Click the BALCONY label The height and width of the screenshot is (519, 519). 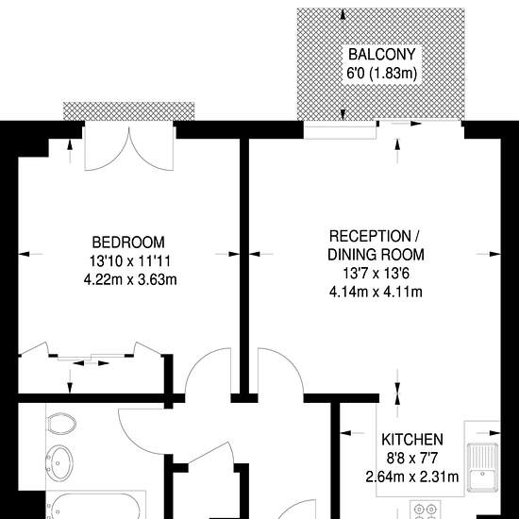[381, 55]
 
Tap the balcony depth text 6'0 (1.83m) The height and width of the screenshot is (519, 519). [381, 73]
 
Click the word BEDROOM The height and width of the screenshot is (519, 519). [128, 243]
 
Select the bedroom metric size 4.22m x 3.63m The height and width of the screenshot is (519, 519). [130, 280]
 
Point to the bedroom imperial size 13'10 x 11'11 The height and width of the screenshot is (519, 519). [130, 261]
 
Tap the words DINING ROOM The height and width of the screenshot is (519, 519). [376, 255]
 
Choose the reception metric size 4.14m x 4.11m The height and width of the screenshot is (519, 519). [376, 293]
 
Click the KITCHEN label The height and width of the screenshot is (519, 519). [412, 440]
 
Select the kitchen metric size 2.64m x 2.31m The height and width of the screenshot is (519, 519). [412, 477]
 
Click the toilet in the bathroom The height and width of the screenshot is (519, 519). [61, 424]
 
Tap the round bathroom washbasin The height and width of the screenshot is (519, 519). [59, 462]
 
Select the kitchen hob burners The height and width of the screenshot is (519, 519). [426, 511]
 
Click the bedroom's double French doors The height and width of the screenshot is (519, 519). [129, 146]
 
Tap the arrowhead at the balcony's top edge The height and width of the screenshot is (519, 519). [343, 14]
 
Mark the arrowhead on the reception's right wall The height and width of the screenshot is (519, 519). [494, 254]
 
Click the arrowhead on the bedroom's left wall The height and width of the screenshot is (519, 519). [25, 254]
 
